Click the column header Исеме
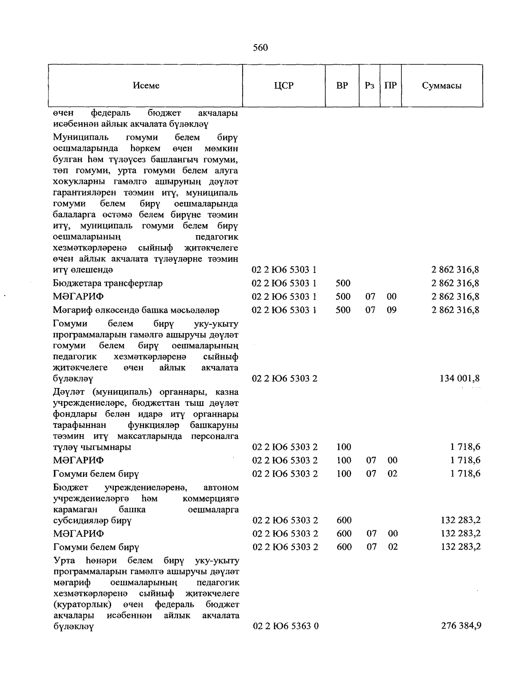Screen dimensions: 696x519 [x=146, y=86]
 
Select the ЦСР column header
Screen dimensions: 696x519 [x=284, y=86]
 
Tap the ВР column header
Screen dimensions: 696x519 [x=342, y=86]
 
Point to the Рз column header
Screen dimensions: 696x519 [x=369, y=86]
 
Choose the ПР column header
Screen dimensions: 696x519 [x=391, y=86]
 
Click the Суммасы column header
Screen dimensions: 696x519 [x=442, y=86]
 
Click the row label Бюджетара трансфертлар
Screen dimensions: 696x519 [x=108, y=284]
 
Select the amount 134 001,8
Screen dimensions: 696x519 [x=460, y=379]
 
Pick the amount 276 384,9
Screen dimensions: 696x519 [x=461, y=626]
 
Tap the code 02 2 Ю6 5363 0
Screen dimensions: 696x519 [x=285, y=626]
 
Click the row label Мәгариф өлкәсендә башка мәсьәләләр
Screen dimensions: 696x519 [x=136, y=311]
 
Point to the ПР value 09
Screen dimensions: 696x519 [x=391, y=310]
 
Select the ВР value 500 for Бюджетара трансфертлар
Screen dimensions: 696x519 [x=343, y=284]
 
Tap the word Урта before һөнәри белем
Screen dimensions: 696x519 [x=64, y=561]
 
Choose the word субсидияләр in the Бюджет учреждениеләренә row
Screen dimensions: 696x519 [x=82, y=521]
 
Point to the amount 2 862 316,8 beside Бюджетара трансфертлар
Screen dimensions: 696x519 [x=455, y=284]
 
